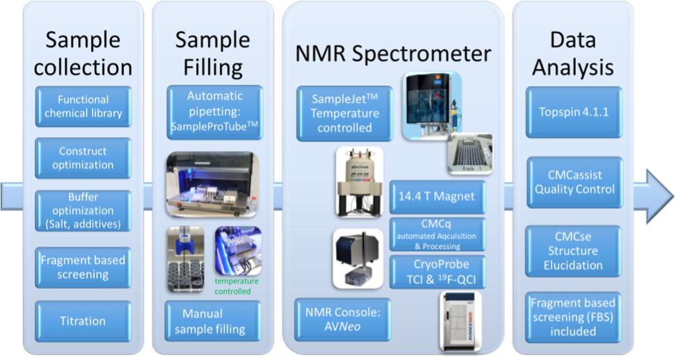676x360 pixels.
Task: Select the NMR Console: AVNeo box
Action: (x=343, y=321)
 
